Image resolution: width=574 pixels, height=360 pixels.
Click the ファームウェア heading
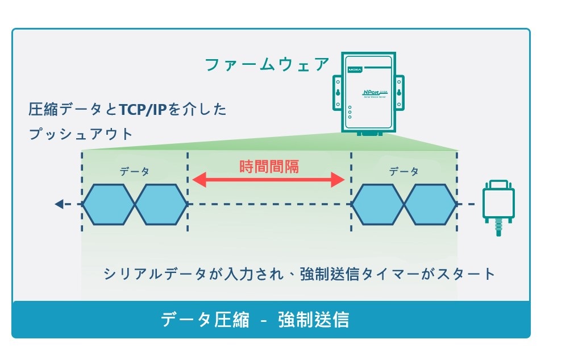pos(267,64)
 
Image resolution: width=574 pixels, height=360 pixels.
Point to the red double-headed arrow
pos(268,181)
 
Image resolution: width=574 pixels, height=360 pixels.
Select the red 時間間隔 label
pos(268,166)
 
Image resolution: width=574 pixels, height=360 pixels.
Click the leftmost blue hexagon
pos(109,204)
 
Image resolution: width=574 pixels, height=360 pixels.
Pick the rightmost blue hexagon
pos(430,204)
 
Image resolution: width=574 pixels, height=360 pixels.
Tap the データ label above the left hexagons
pos(135,171)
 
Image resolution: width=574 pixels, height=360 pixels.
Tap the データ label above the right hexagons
pos(404,171)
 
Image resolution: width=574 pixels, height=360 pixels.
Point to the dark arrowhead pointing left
pos(59,204)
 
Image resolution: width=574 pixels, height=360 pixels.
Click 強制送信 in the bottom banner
pos(314,320)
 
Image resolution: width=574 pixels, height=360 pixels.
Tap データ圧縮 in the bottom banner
pos(205,320)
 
